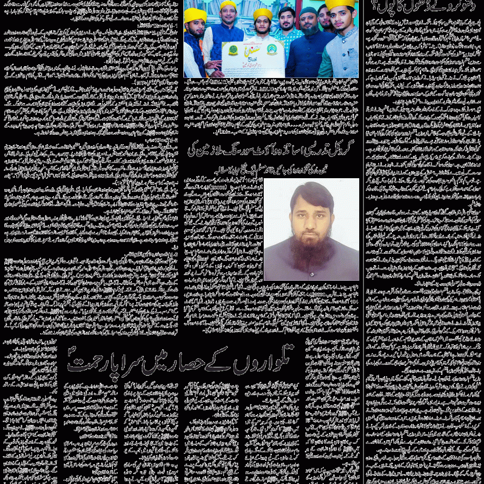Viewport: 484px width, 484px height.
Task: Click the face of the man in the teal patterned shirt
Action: point(286,19)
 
